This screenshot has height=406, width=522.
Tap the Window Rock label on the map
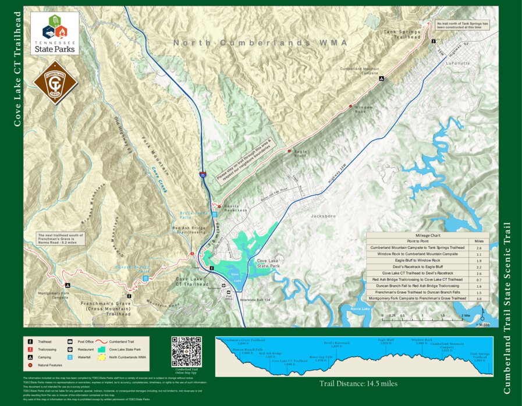pyautogui.click(x=363, y=109)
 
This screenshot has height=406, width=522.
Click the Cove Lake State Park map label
pyautogui.click(x=270, y=263)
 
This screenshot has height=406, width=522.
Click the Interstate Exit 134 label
pyautogui.click(x=268, y=300)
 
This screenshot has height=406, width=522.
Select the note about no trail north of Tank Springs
pyautogui.click(x=463, y=25)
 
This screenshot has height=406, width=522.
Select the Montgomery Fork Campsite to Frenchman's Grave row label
pyautogui.click(x=418, y=298)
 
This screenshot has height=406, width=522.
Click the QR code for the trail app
pyautogui.click(x=186, y=351)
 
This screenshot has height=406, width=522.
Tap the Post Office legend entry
pyautogui.click(x=82, y=341)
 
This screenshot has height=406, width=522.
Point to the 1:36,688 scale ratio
pyautogui.click(x=483, y=325)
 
